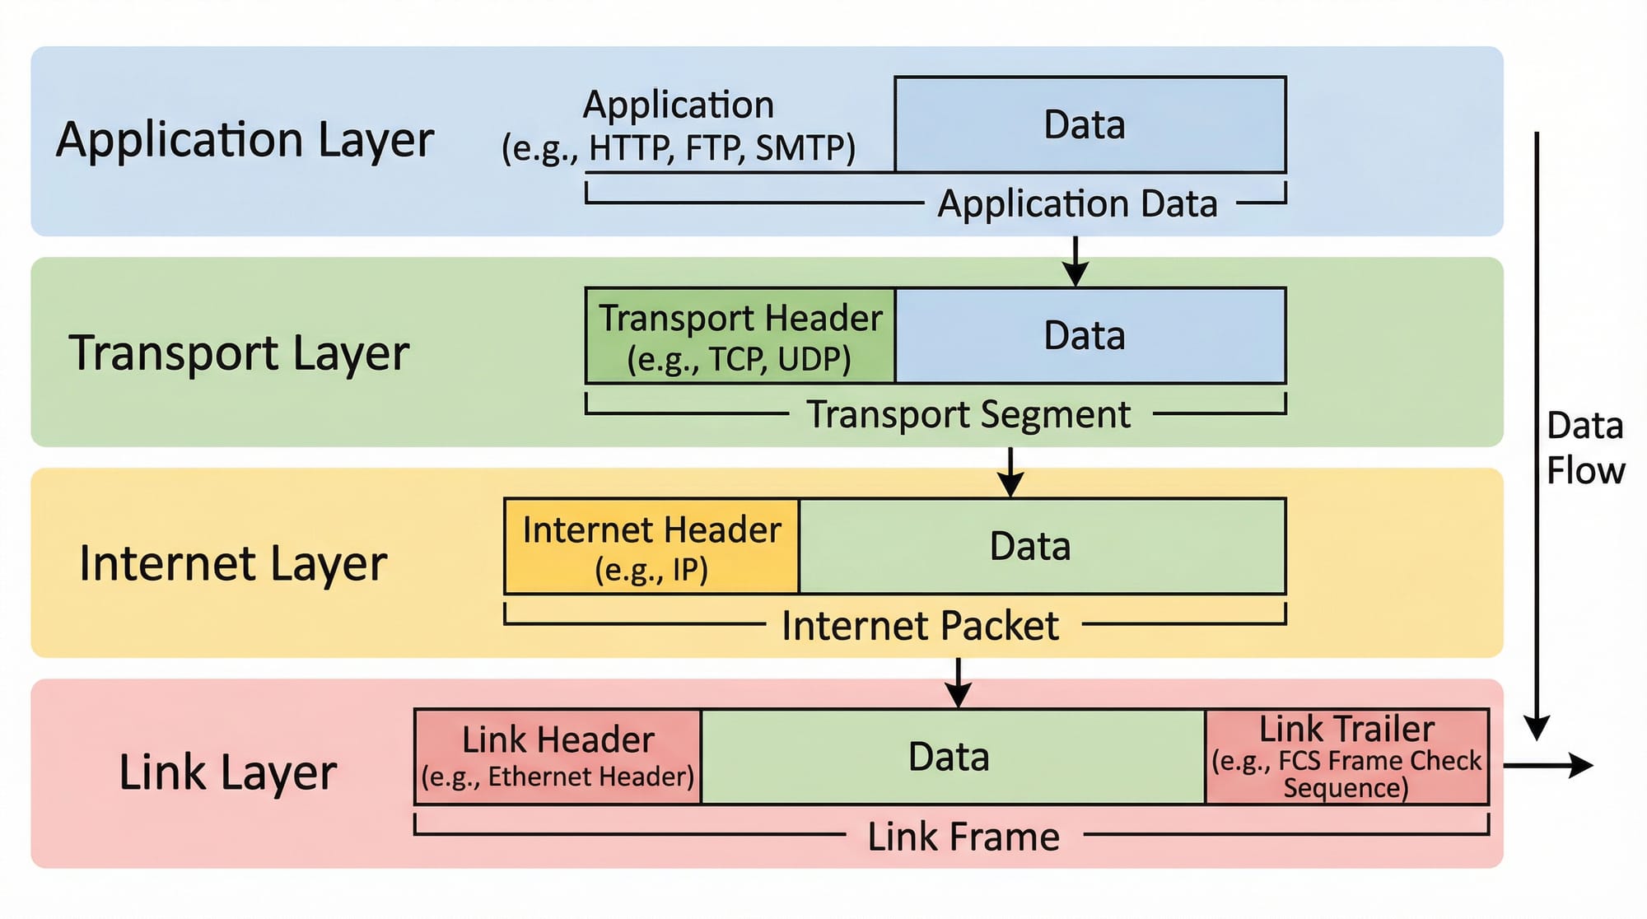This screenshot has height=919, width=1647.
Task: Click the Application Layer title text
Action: (245, 140)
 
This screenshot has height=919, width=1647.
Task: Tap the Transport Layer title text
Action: (239, 353)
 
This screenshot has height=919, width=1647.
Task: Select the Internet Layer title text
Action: (233, 564)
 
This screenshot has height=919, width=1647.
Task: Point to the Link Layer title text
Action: (228, 772)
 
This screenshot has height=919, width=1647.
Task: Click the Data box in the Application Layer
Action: (1089, 125)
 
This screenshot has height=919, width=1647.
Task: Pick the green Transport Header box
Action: (740, 336)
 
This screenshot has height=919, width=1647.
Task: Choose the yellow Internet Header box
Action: (651, 547)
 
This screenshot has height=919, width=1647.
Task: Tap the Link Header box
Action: (558, 757)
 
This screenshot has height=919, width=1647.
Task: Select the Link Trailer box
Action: (1346, 757)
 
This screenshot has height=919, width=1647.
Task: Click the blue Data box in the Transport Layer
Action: (1089, 336)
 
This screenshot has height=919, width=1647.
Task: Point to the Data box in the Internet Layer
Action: (1042, 547)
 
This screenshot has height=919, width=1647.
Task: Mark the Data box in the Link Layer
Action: (953, 757)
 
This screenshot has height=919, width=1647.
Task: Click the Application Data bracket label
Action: (1077, 203)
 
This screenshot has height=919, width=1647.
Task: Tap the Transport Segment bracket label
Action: (968, 414)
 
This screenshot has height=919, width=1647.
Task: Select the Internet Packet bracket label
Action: (920, 626)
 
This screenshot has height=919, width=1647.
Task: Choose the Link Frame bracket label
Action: (963, 837)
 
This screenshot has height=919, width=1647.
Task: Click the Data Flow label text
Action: (1584, 449)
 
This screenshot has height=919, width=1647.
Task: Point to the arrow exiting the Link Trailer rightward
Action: (1548, 765)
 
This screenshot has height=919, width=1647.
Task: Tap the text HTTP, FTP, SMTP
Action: (721, 148)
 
